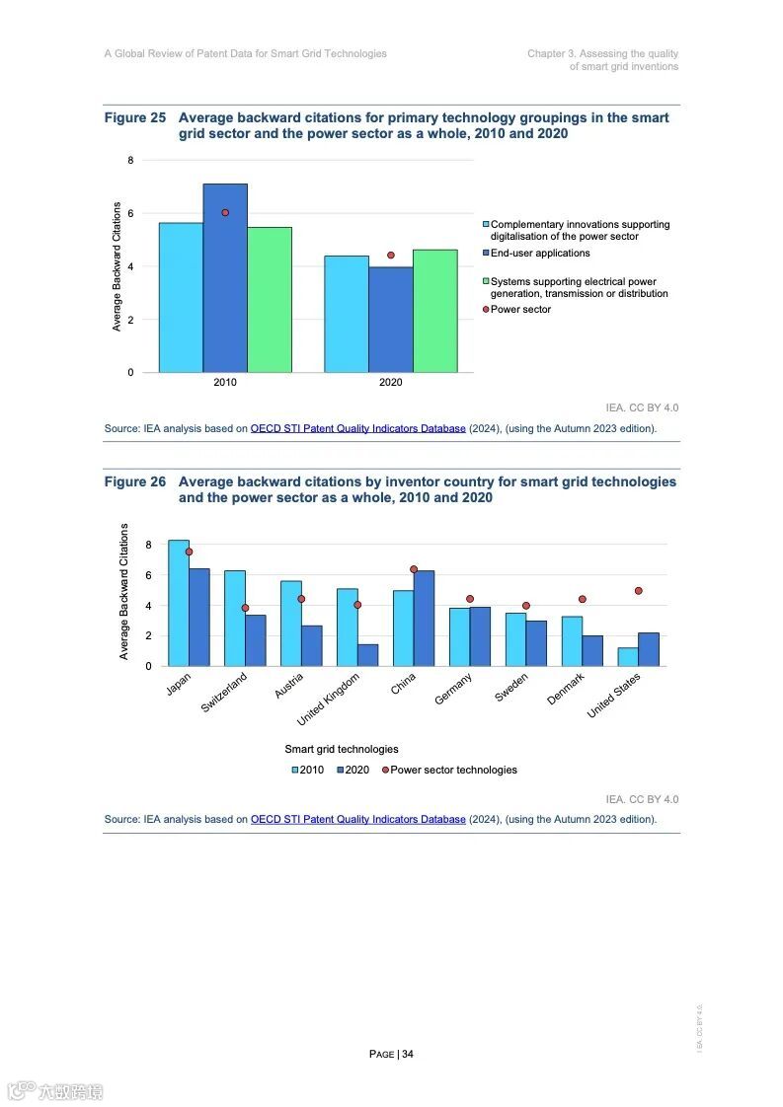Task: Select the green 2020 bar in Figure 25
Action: tap(435, 311)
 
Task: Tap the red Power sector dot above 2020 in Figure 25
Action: tap(391, 255)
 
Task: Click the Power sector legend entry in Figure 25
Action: tap(520, 310)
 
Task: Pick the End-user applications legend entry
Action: tap(539, 254)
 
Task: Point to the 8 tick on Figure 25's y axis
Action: tap(130, 160)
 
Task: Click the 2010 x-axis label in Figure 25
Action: tap(225, 383)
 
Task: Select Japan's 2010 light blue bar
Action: tap(179, 603)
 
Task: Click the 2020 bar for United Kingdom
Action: tap(368, 655)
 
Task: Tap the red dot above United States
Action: tap(639, 591)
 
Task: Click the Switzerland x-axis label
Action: tap(224, 694)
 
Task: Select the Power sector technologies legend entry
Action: tap(452, 770)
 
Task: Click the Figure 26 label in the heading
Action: tap(135, 481)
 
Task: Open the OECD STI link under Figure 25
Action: tap(357, 429)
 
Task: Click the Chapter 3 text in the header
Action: tap(602, 53)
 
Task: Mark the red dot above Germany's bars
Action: tap(470, 599)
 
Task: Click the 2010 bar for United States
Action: tap(628, 656)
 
